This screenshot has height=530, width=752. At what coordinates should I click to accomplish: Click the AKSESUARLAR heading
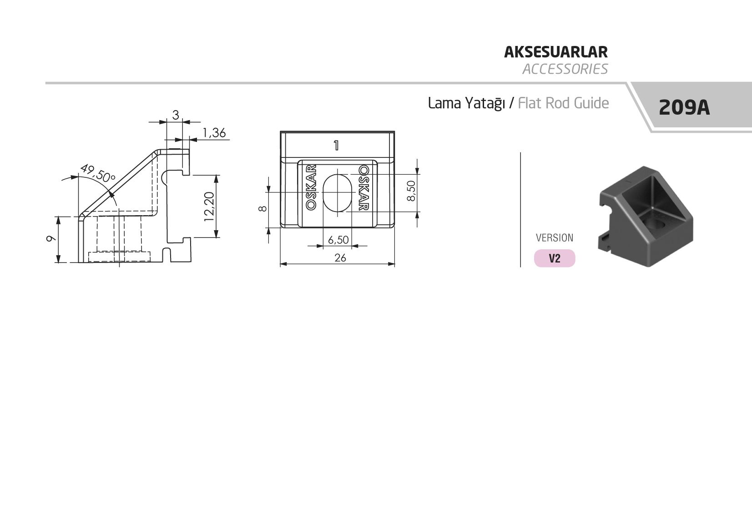coord(555,52)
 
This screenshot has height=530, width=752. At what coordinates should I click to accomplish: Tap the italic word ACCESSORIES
coord(565,69)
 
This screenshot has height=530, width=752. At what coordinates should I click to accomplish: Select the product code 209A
coord(684,107)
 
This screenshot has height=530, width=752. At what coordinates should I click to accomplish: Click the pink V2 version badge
coord(555,258)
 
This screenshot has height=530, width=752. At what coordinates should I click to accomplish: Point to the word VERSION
coord(555,237)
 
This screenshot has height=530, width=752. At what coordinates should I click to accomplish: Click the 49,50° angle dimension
coord(98,173)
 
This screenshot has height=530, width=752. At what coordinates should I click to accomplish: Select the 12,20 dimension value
coord(209,207)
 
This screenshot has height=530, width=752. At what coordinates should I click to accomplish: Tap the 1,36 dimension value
coord(214,133)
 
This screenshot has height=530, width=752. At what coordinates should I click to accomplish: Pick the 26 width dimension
coord(340,258)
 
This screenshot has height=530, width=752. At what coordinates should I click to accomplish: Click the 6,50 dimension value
coord(338,240)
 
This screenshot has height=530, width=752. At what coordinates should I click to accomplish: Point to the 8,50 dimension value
coord(411,191)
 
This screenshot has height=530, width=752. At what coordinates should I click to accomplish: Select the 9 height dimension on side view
coord(50,239)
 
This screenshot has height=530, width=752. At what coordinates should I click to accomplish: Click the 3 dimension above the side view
coord(176,115)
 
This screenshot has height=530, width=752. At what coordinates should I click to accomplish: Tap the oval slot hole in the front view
coord(338,193)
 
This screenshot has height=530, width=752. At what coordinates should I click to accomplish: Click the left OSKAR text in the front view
coord(311,187)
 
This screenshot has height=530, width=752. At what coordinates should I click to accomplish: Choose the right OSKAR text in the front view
coord(364,187)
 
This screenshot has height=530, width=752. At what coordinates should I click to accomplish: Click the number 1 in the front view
coord(336,145)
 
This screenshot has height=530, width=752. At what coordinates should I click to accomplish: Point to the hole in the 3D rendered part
coord(655,224)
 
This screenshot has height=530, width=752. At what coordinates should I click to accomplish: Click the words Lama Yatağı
coord(466,103)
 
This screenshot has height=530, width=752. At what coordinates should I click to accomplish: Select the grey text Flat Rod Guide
coord(563,103)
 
